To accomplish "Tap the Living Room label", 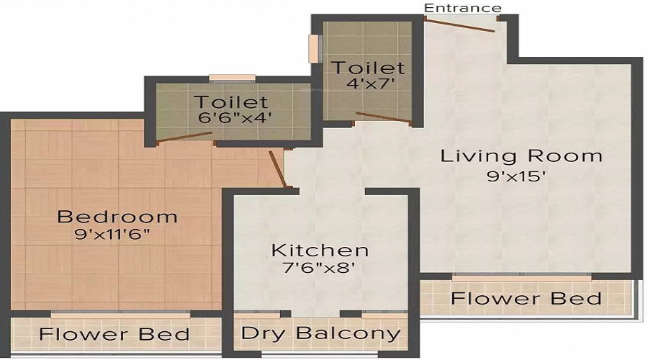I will pos(521,156).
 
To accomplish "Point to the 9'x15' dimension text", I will pos(522,176).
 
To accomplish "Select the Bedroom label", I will pos(117,216).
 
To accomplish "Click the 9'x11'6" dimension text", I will pos(117,234).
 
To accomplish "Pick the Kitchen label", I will pos(320,251).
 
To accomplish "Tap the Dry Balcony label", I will pos(320,333).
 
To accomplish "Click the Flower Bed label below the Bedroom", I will pos(114,335).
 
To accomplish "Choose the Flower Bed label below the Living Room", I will pos(526,298).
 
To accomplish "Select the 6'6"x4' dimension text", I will pos(231,117).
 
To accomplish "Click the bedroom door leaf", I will pos(279,169).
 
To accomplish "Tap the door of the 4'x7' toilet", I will pos(384,117).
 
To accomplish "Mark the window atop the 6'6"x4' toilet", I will pos(232,78).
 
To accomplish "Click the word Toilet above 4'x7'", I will pos(367,68).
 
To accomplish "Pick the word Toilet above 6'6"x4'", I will pos(230,102).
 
